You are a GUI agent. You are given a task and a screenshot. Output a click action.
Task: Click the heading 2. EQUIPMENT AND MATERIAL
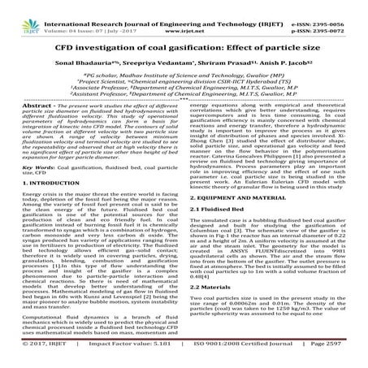[x=244, y=197]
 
